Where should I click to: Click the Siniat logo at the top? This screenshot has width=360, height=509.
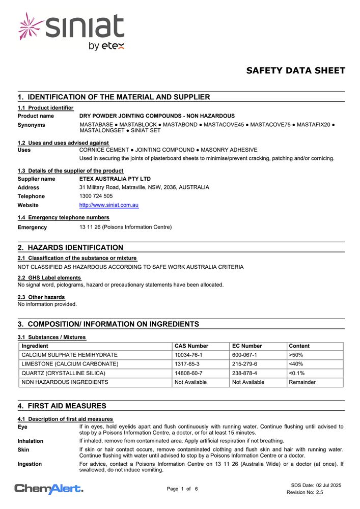71,32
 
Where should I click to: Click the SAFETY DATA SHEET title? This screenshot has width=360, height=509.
295,71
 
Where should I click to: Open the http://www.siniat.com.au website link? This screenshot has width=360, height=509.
109,205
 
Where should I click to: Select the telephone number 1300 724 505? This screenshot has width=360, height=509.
96,196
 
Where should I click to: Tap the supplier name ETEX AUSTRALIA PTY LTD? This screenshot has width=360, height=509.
115,179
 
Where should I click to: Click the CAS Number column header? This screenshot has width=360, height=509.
191,346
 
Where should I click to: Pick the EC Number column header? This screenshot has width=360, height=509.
247,346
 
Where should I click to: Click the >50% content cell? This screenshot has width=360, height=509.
296,355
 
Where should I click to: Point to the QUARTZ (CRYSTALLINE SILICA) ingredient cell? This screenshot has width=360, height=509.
64,373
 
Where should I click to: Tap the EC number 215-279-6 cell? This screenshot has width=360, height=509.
245,364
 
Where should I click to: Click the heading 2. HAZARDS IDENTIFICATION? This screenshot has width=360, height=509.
70,248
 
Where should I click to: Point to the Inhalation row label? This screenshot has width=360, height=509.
31,441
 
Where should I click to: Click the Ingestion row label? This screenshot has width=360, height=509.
30,464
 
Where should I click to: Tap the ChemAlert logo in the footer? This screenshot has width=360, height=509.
49,489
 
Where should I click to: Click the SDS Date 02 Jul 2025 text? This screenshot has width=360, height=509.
316,485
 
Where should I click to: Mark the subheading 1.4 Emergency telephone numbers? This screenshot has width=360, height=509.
64,217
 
